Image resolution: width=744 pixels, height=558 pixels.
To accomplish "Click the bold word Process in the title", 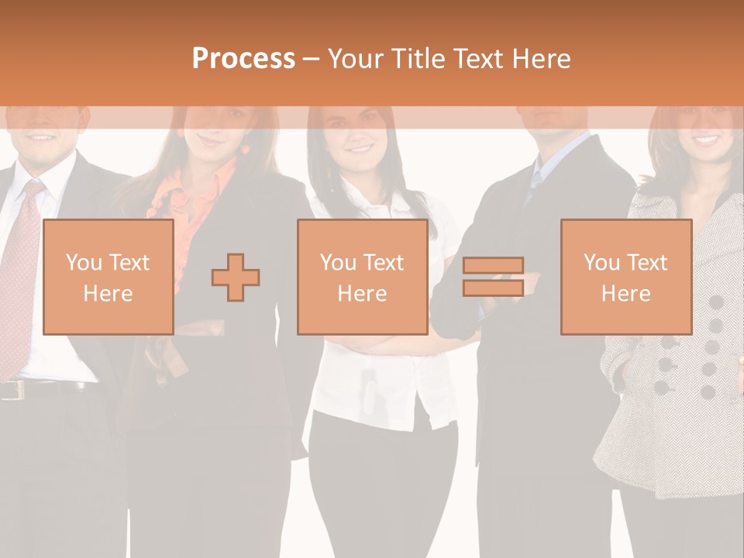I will click(x=243, y=59).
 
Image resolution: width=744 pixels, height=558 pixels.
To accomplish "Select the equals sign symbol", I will click(x=493, y=277).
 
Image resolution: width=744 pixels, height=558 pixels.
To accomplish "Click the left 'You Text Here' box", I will click(x=108, y=277).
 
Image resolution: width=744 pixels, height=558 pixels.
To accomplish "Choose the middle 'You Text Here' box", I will click(x=362, y=277).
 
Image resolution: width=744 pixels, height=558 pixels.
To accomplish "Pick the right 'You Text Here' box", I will click(x=625, y=277).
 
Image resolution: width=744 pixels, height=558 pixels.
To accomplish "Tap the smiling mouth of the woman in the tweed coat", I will click(x=706, y=140).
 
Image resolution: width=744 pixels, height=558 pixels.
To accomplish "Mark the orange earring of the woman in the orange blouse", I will click(x=246, y=149).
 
